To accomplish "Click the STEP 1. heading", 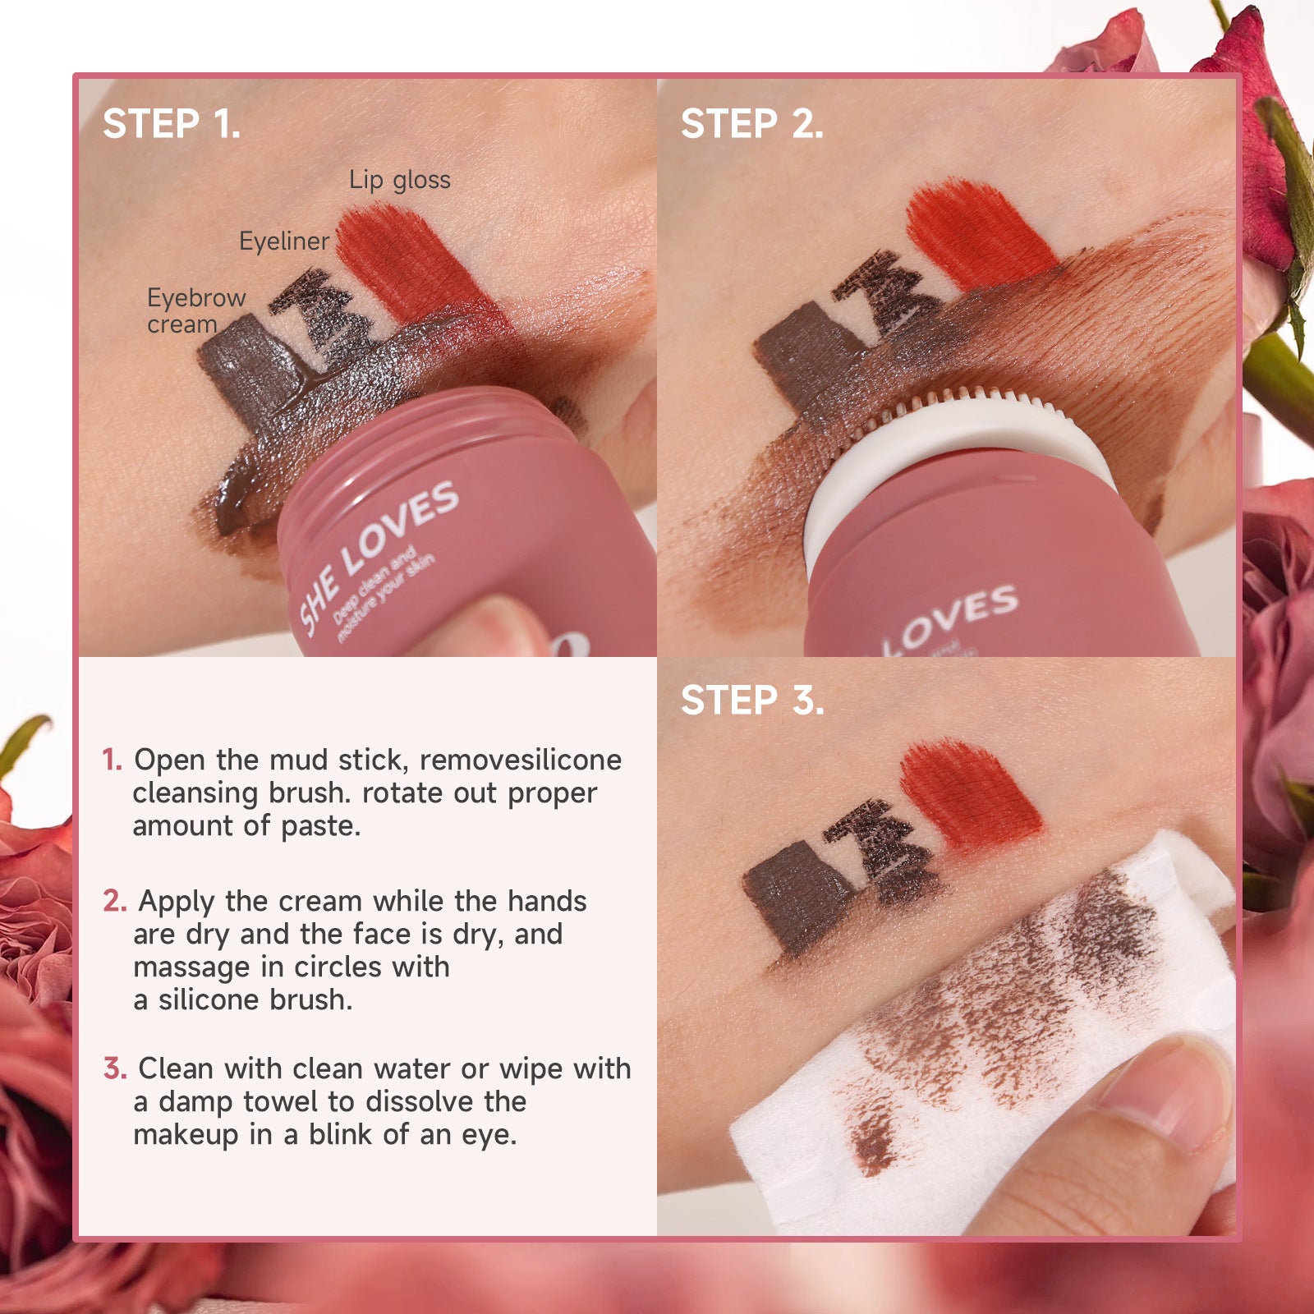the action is point(172,125).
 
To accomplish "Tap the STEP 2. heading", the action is point(752,125).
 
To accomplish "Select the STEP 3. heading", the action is point(752,701).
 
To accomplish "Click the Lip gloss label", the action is point(400,181).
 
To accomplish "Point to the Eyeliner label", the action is point(284,241).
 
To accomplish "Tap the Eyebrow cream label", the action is point(196,311).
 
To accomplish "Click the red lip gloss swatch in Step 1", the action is point(411,263).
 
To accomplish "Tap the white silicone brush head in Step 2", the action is point(953,460).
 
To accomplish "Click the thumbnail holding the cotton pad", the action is point(1166,1092).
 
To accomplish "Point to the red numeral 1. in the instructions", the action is point(113,760).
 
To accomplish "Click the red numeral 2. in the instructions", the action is point(115,901).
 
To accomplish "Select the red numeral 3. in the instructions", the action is point(115,1068).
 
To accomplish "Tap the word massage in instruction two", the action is point(191,968).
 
